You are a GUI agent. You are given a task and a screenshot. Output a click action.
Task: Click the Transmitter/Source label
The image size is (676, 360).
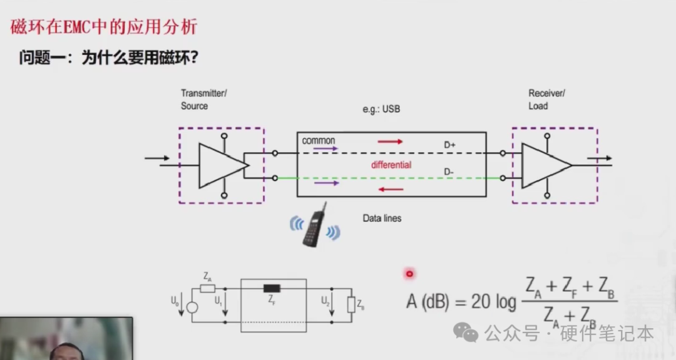point(203,100)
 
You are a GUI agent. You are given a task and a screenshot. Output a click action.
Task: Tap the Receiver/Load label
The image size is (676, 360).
point(546,100)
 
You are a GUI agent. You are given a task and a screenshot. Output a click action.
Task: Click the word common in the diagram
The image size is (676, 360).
point(319,141)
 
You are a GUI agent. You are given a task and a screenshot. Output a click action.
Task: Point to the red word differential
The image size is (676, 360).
point(391,165)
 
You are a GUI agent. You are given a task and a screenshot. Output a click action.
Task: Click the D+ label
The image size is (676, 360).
point(450,145)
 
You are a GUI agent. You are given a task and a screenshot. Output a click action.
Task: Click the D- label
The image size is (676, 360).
point(450,172)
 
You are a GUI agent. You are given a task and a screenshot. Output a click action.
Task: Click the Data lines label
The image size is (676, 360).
point(382,219)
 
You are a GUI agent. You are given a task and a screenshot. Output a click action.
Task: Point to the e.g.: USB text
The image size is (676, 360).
point(381,109)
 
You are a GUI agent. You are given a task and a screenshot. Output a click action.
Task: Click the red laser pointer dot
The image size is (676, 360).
point(410,274)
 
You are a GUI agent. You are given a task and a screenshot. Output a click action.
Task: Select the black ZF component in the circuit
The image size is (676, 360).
point(272,289)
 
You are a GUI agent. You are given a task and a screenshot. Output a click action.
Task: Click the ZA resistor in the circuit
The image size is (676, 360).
point(208,289)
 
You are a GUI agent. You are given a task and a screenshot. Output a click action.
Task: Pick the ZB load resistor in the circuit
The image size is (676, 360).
point(351,305)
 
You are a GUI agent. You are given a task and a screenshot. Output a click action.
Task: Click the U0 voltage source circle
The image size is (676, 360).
point(192,307)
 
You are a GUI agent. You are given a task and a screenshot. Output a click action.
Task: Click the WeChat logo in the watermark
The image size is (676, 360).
point(465,332)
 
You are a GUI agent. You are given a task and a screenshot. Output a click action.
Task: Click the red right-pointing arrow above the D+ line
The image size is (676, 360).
point(390,141)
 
